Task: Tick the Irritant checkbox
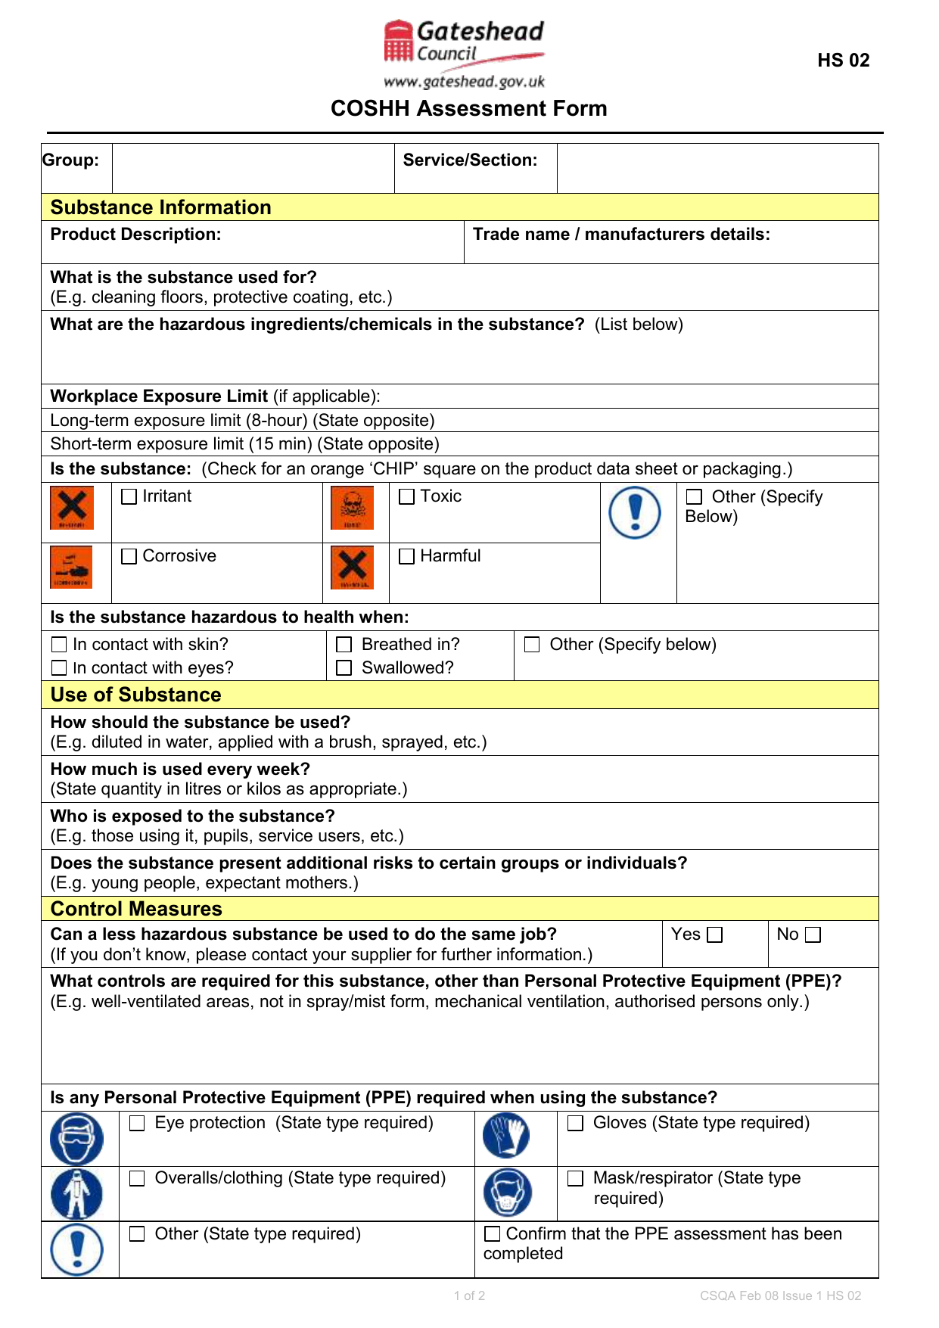click(129, 497)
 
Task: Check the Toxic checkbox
click(407, 497)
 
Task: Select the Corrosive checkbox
click(129, 557)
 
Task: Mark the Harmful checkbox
click(407, 557)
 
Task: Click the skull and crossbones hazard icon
click(353, 508)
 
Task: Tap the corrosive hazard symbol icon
click(71, 568)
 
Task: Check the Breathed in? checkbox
click(344, 645)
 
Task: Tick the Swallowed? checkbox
click(344, 668)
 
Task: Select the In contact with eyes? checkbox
click(59, 668)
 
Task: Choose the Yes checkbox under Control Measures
click(715, 935)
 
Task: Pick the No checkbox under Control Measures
click(813, 935)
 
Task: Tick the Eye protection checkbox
click(137, 1124)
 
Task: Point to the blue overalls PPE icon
click(76, 1193)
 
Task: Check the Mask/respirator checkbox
click(576, 1179)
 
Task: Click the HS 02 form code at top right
click(843, 61)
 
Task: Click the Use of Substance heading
click(136, 695)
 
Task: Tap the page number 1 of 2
click(469, 1295)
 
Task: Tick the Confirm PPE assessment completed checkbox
click(493, 1234)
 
